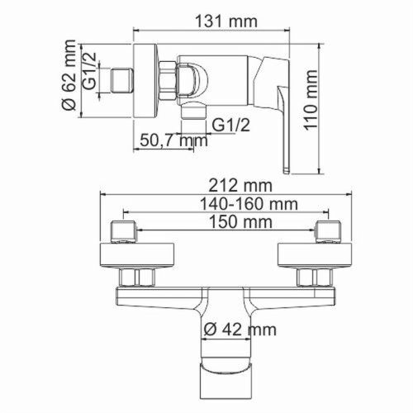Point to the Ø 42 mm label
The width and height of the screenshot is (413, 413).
(240, 330)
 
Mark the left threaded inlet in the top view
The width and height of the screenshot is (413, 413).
(123, 230)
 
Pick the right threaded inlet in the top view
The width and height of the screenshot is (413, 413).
(325, 230)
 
